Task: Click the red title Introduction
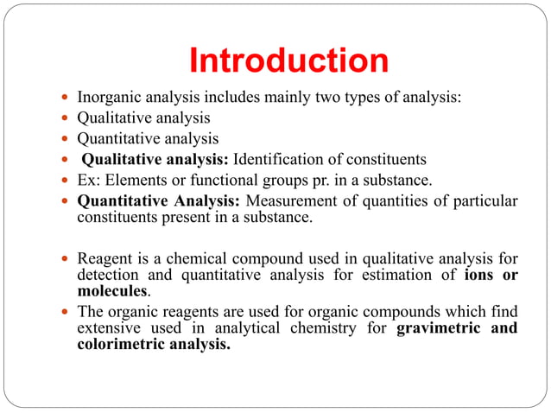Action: tap(288, 61)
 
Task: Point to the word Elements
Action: tap(137, 180)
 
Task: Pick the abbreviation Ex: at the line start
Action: tap(89, 180)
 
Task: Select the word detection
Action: tap(108, 276)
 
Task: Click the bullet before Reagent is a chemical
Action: tap(67, 257)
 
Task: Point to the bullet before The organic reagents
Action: tap(67, 312)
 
